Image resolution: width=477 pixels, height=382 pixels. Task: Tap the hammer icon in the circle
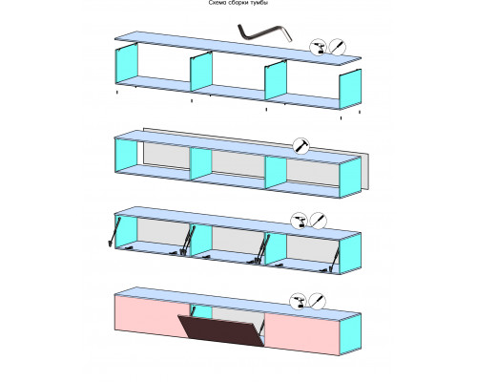click(x=301, y=146)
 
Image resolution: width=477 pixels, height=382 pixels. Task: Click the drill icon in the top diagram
click(x=319, y=48)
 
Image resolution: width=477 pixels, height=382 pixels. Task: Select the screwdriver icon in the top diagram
click(x=338, y=47)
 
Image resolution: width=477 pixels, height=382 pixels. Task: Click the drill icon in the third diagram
click(x=300, y=221)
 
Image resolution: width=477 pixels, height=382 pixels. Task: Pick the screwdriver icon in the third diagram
click(x=319, y=220)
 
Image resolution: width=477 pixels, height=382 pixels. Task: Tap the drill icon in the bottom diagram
click(x=298, y=301)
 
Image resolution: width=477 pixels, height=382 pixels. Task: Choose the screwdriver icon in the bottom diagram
click(x=318, y=301)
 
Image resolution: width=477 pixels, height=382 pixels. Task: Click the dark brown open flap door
click(x=221, y=330)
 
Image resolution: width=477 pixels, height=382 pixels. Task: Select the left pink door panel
click(x=152, y=315)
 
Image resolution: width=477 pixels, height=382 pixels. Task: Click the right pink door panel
click(x=302, y=333)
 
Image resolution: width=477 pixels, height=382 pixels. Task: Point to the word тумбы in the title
click(x=259, y=3)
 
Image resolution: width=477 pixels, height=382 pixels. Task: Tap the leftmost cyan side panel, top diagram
click(x=127, y=64)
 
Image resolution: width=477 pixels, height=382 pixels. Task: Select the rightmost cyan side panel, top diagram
click(x=350, y=89)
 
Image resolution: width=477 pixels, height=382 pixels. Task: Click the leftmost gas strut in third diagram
click(x=114, y=231)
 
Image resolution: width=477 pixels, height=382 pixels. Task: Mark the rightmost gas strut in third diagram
click(x=334, y=261)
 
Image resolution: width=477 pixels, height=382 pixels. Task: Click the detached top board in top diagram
click(x=238, y=48)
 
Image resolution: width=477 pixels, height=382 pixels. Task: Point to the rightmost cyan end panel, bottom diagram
click(x=350, y=334)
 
